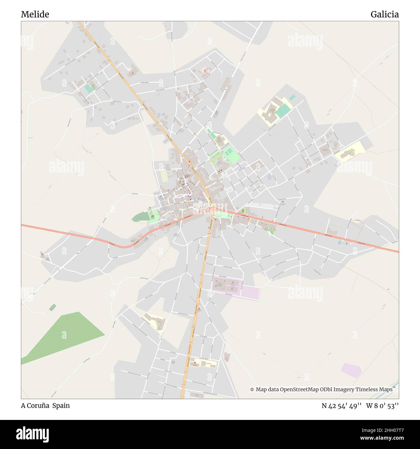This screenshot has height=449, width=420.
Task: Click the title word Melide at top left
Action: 35,14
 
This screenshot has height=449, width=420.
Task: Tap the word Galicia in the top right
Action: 384,14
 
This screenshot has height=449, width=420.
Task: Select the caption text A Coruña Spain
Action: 45,406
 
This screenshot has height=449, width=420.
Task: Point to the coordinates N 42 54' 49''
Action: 341,406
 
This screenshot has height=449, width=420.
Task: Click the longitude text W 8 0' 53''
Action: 383,406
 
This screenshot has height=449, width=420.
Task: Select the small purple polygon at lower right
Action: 351,370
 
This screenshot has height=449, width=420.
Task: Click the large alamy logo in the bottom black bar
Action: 33,434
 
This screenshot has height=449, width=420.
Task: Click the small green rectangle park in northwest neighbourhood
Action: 88,89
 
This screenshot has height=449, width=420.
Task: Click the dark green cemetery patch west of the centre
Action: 139,217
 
